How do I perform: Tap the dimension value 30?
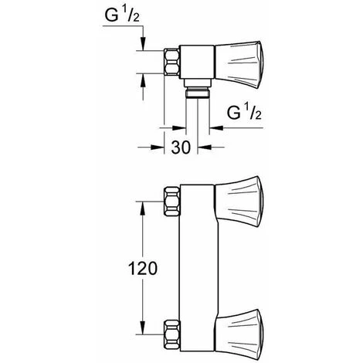click(181, 148)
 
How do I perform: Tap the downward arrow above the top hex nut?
click(143, 48)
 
